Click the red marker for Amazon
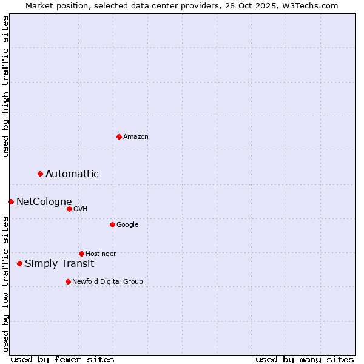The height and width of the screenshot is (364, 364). [119, 136]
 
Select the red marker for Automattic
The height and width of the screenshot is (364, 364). [41, 174]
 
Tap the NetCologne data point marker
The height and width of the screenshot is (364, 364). [11, 201]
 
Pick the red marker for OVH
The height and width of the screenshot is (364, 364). [69, 209]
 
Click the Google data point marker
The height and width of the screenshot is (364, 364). [112, 224]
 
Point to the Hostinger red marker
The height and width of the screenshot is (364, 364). [81, 254]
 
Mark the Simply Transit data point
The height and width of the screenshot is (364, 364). [20, 263]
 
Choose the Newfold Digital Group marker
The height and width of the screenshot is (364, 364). [68, 281]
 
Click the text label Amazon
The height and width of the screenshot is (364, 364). [136, 137]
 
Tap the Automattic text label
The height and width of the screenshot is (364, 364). [72, 174]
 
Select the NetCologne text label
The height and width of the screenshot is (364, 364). [44, 202]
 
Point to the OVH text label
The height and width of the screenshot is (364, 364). [81, 209]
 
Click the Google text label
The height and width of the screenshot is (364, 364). [127, 225]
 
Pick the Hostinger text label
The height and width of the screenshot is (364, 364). [101, 254]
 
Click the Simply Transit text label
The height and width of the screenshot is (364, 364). [59, 264]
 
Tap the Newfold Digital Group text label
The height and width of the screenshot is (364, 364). [107, 282]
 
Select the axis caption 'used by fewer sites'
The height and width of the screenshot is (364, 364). [62, 359]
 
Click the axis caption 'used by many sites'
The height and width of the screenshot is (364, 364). [305, 359]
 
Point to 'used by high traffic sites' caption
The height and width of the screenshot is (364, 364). [6, 86]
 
